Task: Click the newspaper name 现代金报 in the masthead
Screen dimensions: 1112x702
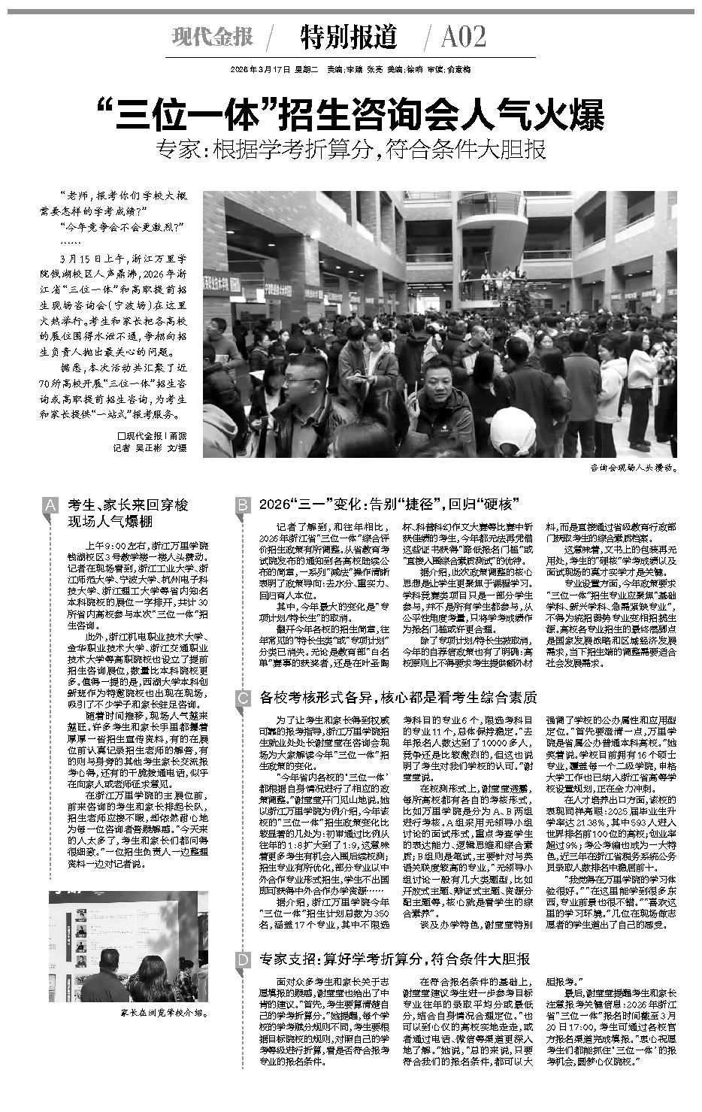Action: [x=212, y=37]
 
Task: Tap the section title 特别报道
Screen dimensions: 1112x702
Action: [x=348, y=36]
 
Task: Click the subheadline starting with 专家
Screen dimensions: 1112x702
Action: [x=351, y=149]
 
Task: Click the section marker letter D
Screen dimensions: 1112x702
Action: [x=242, y=960]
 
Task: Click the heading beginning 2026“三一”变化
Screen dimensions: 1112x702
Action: [x=386, y=504]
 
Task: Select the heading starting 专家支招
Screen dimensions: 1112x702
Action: [x=395, y=959]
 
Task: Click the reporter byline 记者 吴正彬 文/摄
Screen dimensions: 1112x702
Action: [x=149, y=448]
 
